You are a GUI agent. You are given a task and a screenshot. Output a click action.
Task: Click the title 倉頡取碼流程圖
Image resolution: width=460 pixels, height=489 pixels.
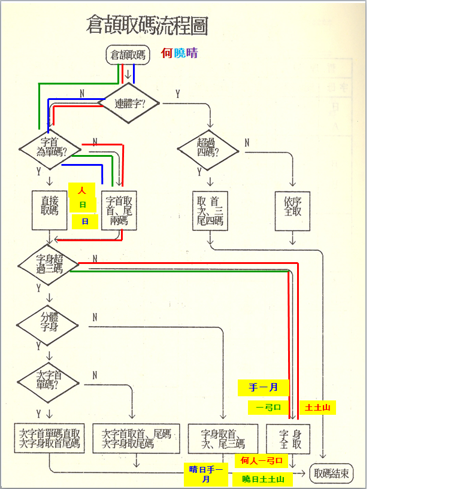point(147,26)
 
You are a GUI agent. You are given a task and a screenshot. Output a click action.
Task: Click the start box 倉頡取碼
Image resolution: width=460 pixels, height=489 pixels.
point(128,55)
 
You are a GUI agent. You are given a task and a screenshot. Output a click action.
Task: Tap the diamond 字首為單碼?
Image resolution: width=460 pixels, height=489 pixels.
point(50,147)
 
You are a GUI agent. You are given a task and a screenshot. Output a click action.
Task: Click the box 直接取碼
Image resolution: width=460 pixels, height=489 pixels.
point(50,210)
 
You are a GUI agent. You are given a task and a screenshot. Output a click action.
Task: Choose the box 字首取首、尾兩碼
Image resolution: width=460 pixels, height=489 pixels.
point(119,210)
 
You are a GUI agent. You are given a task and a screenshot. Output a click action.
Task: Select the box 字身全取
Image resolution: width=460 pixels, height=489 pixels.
point(287,439)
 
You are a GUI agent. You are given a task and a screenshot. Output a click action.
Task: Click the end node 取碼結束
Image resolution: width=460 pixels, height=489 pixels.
point(331,474)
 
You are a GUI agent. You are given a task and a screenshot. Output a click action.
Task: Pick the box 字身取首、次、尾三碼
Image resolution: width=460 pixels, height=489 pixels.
point(223,439)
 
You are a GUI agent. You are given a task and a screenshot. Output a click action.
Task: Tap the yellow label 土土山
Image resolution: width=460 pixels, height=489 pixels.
point(317,408)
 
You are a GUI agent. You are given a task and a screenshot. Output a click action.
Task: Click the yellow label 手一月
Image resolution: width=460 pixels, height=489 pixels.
point(264,387)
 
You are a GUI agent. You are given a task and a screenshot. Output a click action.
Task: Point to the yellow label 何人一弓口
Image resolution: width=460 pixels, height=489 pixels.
point(261,460)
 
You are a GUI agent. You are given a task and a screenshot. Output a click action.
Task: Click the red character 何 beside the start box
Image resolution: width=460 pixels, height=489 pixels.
point(167,53)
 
